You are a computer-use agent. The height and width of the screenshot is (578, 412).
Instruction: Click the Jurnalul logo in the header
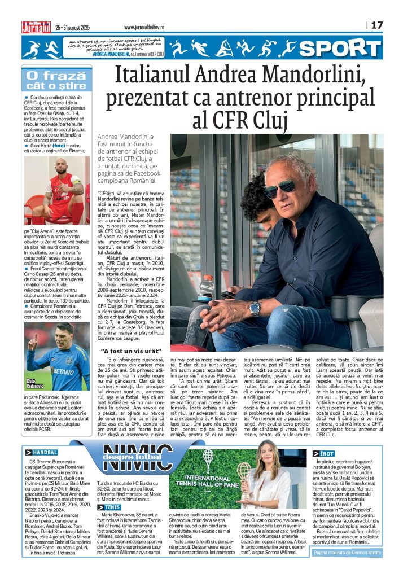coord(36,26)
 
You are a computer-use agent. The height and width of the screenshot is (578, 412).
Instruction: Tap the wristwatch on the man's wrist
coord(255,308)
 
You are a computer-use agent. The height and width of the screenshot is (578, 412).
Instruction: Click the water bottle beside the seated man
coord(206,288)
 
